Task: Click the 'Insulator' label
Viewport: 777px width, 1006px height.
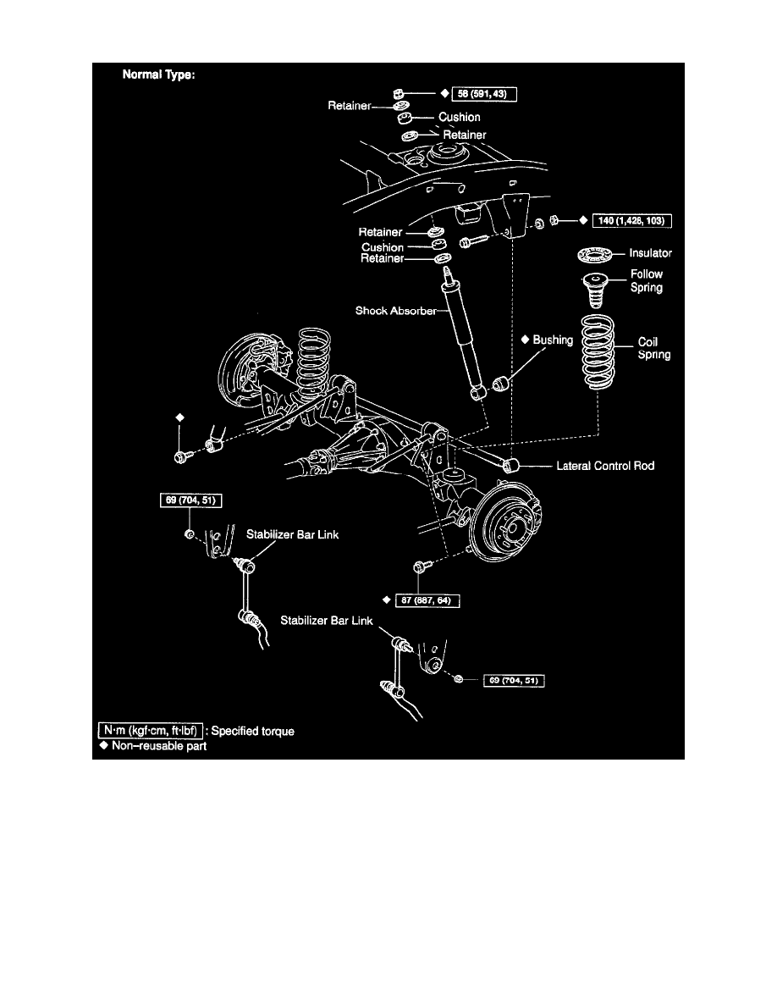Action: pyautogui.click(x=650, y=252)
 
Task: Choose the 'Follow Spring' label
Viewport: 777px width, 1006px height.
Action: pyautogui.click(x=647, y=280)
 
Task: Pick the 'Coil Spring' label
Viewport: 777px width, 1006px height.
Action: pyautogui.click(x=653, y=349)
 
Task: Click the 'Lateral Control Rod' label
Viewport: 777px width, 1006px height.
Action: pyautogui.click(x=605, y=466)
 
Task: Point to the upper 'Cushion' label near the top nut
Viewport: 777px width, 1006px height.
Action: pyautogui.click(x=459, y=117)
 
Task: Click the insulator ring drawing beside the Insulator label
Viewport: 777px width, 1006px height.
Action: pyautogui.click(x=596, y=253)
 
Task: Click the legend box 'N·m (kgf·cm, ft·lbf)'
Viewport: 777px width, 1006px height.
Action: pyautogui.click(x=150, y=730)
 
